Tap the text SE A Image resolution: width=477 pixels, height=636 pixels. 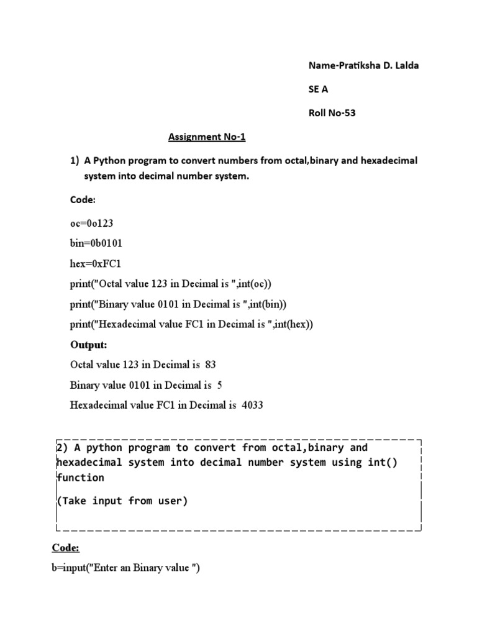(x=318, y=89)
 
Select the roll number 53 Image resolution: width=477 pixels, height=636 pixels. (x=350, y=113)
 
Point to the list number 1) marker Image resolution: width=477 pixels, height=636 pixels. (x=75, y=160)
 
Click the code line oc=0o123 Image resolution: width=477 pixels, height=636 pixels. (x=92, y=222)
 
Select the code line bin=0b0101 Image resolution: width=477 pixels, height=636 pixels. (x=92, y=243)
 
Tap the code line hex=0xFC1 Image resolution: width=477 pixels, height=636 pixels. (x=92, y=263)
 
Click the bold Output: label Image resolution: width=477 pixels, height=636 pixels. (x=88, y=344)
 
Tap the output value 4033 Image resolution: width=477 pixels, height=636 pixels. (x=252, y=405)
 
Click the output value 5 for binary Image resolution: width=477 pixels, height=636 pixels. (x=220, y=385)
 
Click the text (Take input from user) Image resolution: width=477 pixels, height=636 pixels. (x=122, y=501)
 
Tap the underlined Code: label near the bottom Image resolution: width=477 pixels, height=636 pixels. (x=65, y=548)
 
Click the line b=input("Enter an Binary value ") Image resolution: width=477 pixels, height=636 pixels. (x=126, y=569)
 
